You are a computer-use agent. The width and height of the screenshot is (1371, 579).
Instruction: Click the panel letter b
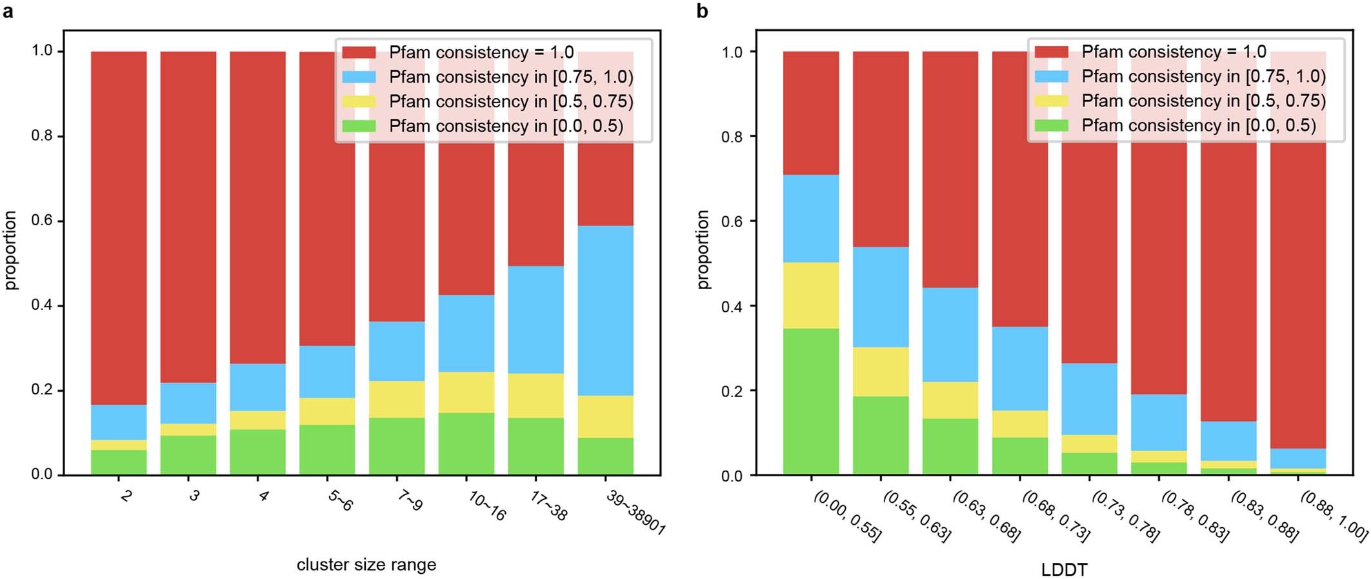pos(703,11)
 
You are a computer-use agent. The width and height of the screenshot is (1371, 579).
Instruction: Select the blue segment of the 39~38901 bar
pos(605,310)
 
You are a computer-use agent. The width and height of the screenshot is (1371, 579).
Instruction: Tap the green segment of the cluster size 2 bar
pos(119,462)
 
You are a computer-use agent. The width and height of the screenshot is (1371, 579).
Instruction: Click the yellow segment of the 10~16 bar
pos(466,392)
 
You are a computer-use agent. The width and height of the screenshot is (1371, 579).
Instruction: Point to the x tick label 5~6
pos(340,502)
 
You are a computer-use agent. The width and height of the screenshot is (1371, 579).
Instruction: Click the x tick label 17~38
pos(548,506)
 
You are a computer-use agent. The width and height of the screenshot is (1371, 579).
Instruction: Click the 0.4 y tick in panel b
pos(732,306)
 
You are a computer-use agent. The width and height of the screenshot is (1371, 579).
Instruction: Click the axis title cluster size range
pos(366,565)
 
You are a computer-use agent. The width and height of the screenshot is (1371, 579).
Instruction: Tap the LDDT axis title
pos(1064,570)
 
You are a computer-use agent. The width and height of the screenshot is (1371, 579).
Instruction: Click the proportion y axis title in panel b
pos(703,250)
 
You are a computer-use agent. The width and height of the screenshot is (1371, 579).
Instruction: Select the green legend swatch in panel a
pos(359,126)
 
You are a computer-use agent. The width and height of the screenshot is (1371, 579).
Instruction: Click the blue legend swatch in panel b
pos(1051,76)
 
